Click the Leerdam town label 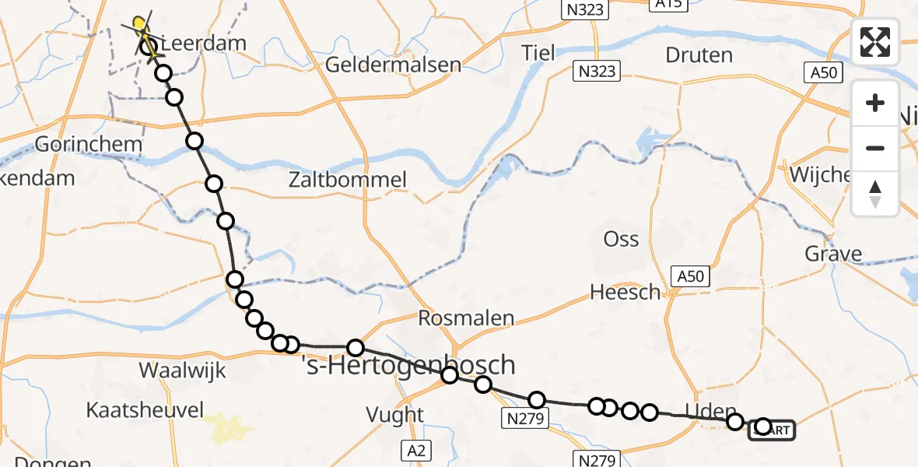(204, 43)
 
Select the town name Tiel (538, 53)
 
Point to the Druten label (699, 55)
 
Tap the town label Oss (621, 239)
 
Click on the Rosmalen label (466, 318)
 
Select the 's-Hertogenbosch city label (408, 363)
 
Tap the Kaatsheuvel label (145, 410)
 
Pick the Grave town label (834, 254)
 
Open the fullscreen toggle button (875, 42)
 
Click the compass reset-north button (875, 193)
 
